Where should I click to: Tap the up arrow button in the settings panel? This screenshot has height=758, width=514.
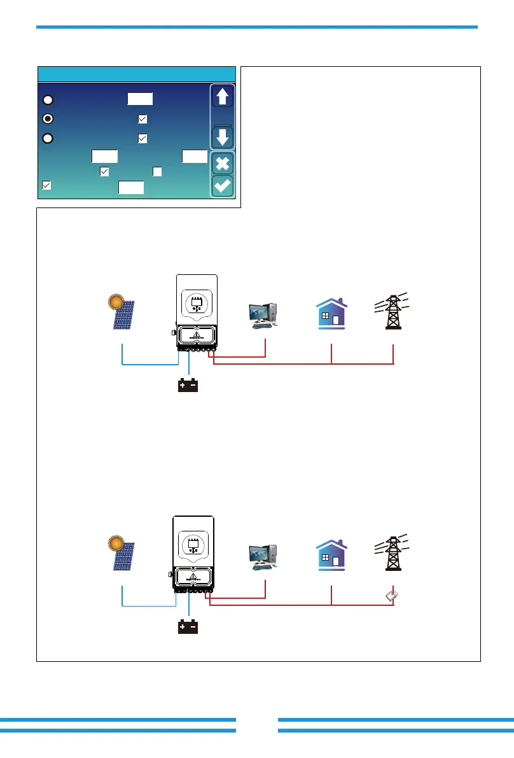(x=223, y=97)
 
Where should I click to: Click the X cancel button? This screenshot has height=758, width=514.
(x=223, y=163)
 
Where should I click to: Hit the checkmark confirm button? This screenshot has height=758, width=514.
(x=223, y=186)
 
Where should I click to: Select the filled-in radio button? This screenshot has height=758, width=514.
(x=48, y=118)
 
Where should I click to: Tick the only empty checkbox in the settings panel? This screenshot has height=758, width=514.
(x=157, y=171)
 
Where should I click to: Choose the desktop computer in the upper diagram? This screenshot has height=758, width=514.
(x=264, y=315)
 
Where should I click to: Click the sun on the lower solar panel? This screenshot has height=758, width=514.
(x=115, y=543)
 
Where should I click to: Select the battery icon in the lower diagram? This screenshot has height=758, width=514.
(x=188, y=628)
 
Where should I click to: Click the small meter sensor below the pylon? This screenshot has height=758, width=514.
(x=392, y=596)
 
